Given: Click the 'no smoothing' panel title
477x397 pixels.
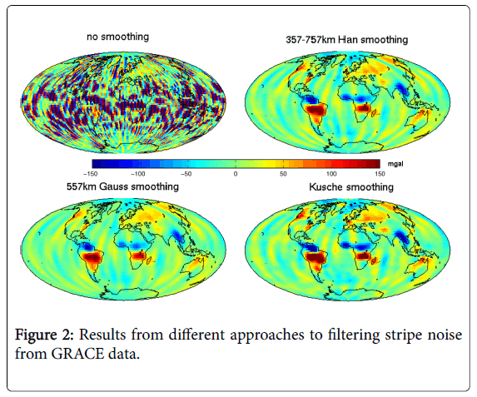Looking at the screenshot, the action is click(117, 37).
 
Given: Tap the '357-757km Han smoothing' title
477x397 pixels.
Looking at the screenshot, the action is click(347, 40).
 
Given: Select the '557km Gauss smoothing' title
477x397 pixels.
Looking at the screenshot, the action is click(122, 186).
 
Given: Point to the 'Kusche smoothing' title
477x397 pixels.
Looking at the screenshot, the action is click(351, 186).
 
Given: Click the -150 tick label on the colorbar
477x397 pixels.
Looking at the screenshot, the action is click(90, 174).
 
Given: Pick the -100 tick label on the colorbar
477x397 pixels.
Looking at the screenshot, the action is click(138, 174).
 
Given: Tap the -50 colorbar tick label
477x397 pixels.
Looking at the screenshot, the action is click(186, 174).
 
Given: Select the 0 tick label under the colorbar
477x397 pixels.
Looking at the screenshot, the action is click(236, 174).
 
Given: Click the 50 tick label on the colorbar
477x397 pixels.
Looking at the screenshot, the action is click(283, 174).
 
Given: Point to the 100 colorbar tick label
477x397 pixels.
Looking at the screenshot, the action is click(331, 174).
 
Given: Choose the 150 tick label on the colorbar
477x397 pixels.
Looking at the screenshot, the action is click(380, 174).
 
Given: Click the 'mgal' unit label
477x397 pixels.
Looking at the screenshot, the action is click(395, 164).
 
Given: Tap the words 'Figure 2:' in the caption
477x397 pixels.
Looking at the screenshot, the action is click(44, 335).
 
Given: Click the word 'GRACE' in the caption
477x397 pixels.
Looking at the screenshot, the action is click(77, 354).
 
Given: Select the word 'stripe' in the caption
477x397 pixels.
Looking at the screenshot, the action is click(404, 335).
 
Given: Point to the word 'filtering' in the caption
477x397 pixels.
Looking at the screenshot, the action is click(354, 335).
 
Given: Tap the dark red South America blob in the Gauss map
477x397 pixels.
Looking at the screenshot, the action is click(92, 257).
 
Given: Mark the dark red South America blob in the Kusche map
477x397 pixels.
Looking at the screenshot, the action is click(316, 257).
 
